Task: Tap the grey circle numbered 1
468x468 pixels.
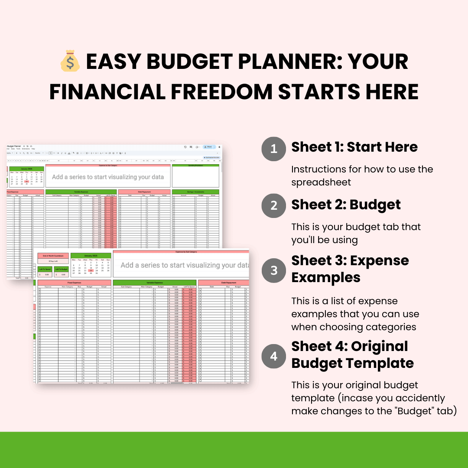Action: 273,149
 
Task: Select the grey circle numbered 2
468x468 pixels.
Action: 273,205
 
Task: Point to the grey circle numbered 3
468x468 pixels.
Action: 273,270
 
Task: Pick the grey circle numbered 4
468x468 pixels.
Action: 273,356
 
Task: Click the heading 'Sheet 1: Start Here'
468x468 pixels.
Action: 354,147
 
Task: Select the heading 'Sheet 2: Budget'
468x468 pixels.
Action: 346,204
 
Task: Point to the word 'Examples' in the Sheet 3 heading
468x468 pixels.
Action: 326,277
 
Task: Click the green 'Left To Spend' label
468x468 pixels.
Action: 45,269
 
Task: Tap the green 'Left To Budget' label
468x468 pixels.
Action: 61,269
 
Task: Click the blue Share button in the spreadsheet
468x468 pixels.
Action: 208,147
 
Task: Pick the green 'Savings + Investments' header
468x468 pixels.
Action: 195,192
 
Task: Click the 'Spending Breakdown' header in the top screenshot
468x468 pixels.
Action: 195,165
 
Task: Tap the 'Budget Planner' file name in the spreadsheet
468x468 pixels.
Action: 13,146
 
